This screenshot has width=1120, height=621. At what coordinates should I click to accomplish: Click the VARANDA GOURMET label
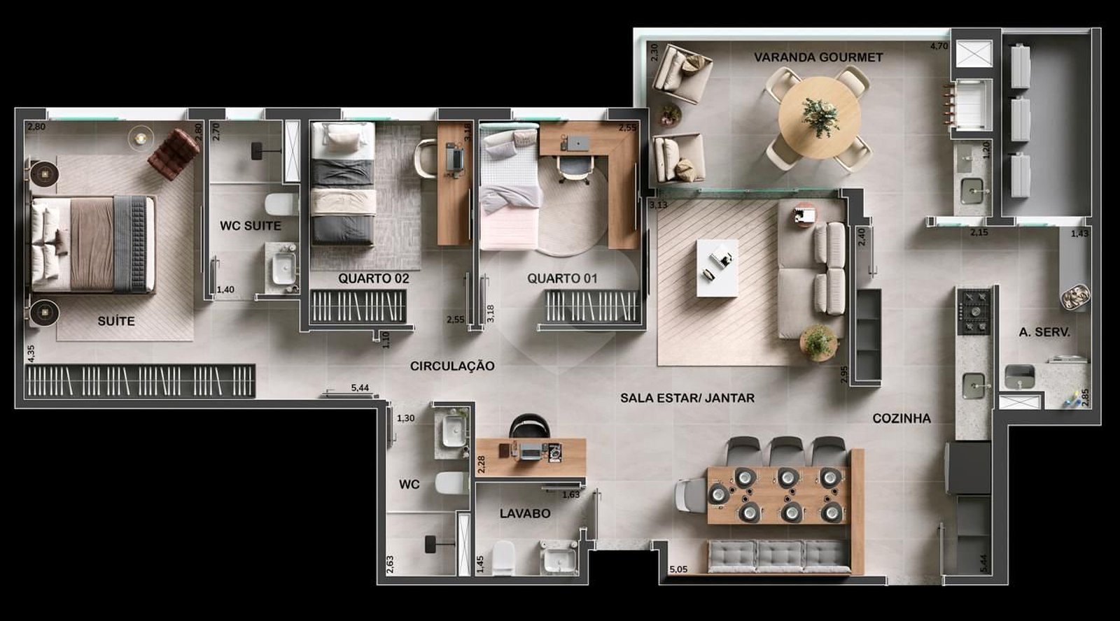(818, 57)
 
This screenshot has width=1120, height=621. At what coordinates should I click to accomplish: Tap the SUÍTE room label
(116, 321)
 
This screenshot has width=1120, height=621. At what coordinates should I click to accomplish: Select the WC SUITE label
(250, 226)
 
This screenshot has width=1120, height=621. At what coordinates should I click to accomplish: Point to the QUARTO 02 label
(374, 278)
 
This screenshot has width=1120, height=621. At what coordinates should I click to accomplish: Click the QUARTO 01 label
(562, 278)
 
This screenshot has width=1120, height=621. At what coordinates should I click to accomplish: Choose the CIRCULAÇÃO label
(452, 366)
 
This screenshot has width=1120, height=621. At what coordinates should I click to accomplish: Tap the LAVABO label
(525, 513)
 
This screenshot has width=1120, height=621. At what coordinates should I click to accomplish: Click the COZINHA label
(902, 419)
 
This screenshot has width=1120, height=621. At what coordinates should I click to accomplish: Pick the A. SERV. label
(1044, 332)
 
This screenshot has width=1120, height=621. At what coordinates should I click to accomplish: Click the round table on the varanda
(819, 118)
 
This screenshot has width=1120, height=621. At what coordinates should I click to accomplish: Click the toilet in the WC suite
(281, 204)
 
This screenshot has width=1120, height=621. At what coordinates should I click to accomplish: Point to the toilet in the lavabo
(503, 558)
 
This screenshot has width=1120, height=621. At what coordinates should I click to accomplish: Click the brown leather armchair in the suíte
(173, 155)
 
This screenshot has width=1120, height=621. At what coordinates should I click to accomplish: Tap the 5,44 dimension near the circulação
(360, 387)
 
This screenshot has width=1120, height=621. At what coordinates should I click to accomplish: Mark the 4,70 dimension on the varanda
(939, 46)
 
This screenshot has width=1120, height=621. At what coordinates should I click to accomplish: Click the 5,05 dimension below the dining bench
(678, 569)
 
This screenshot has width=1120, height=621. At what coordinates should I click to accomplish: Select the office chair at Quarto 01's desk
(574, 169)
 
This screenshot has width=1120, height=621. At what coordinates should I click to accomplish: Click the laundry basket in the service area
(1075, 297)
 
